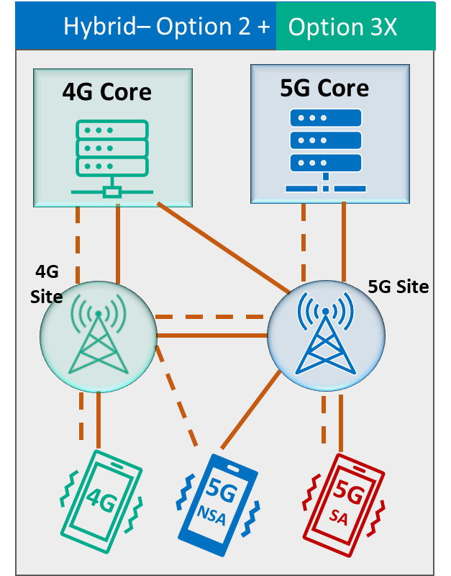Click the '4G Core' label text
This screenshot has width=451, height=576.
[x=107, y=92]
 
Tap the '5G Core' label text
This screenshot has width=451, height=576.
[x=324, y=88]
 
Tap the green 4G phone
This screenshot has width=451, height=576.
[x=100, y=500]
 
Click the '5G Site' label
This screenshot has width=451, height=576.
[x=398, y=287]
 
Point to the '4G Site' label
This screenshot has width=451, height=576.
[x=47, y=284]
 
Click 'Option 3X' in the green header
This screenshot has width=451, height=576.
[x=342, y=27]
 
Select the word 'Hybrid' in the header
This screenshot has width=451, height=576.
[x=96, y=27]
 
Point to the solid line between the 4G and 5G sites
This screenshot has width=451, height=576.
[x=211, y=336]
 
